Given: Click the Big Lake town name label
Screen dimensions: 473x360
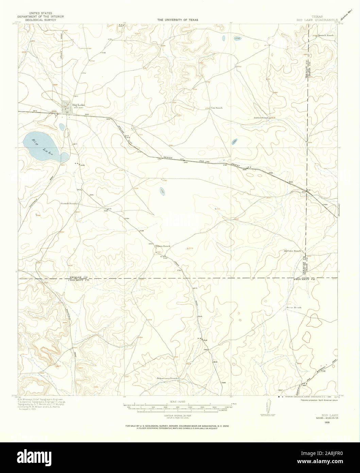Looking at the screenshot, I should pyautogui.click(x=77, y=105).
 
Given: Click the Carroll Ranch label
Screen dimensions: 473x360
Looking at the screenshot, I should pyautogui.click(x=69, y=203).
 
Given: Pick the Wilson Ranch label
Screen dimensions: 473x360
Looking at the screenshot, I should pyautogui.click(x=160, y=246).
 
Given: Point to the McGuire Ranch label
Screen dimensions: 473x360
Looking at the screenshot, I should pyautogui.click(x=292, y=251).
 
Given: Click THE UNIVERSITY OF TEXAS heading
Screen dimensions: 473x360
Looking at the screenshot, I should pyautogui.click(x=177, y=20).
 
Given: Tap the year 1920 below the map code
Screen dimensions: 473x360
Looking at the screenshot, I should pyautogui.click(x=327, y=422).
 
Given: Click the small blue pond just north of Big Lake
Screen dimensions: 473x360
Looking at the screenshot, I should pyautogui.click(x=62, y=127).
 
